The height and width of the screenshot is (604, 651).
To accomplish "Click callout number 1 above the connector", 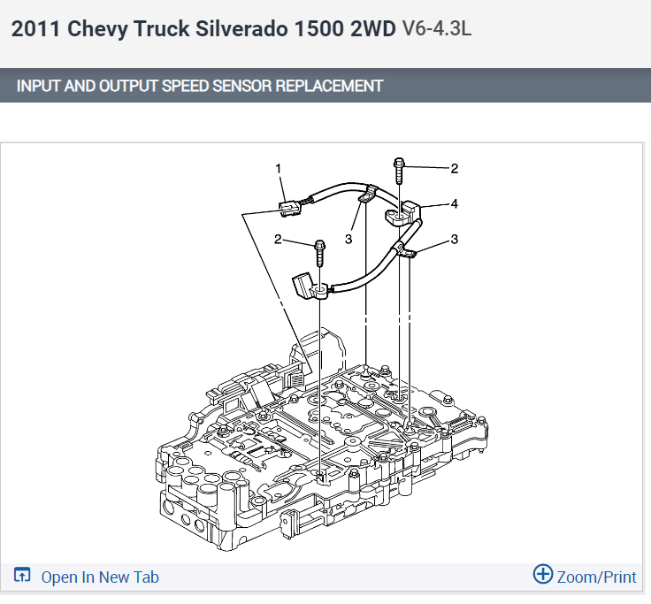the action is click(278, 169).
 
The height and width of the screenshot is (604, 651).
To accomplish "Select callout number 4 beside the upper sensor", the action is click(455, 203).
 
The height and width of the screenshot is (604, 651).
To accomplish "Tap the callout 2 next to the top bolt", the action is click(455, 169).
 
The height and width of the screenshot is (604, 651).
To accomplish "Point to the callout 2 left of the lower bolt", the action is click(278, 239).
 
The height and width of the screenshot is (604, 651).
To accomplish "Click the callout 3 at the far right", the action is click(455, 239).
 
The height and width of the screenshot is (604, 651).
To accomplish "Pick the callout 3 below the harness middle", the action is click(348, 239).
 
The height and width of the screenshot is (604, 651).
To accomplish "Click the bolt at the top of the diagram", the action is click(399, 170).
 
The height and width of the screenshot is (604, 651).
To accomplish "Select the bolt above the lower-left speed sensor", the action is click(319, 253).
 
